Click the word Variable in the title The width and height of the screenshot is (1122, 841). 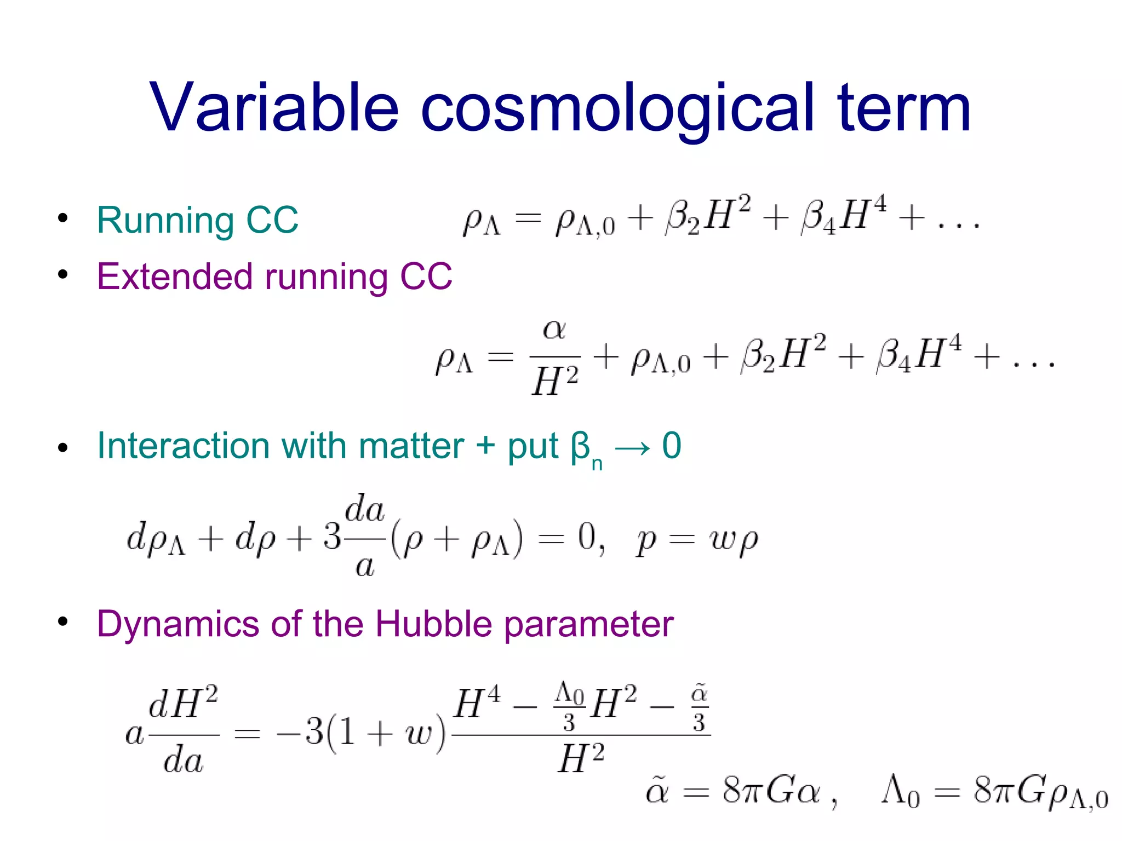pos(273,107)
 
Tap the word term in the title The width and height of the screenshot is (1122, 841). pos(903,107)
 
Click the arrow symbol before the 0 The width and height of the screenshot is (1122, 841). pos(632,448)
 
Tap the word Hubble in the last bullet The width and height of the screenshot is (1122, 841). pos(434,624)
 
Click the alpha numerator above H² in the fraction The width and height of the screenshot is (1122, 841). pos(554,330)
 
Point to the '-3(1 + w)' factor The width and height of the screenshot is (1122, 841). pos(362,732)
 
